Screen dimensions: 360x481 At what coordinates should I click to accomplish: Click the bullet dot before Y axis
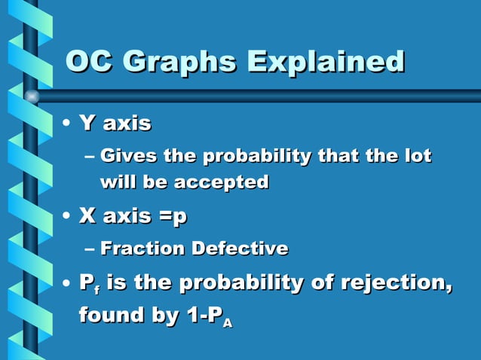click(67, 123)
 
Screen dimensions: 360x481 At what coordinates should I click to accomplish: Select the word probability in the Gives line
click(247, 157)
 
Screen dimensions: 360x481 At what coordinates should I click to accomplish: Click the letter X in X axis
click(87, 217)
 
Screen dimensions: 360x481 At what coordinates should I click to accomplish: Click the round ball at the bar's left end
click(32, 96)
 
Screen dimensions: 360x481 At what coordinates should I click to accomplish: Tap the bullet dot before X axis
click(67, 218)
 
